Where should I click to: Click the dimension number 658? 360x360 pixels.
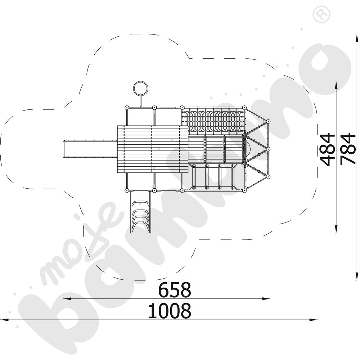coord(175,289)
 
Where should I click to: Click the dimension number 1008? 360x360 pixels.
coord(170,311)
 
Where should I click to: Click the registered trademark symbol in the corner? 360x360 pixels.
coord(321,14)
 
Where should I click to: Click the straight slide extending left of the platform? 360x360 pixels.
coord(90,149)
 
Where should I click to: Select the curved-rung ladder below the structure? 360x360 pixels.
coord(141,212)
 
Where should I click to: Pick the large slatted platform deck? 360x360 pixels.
coord(152,149)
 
